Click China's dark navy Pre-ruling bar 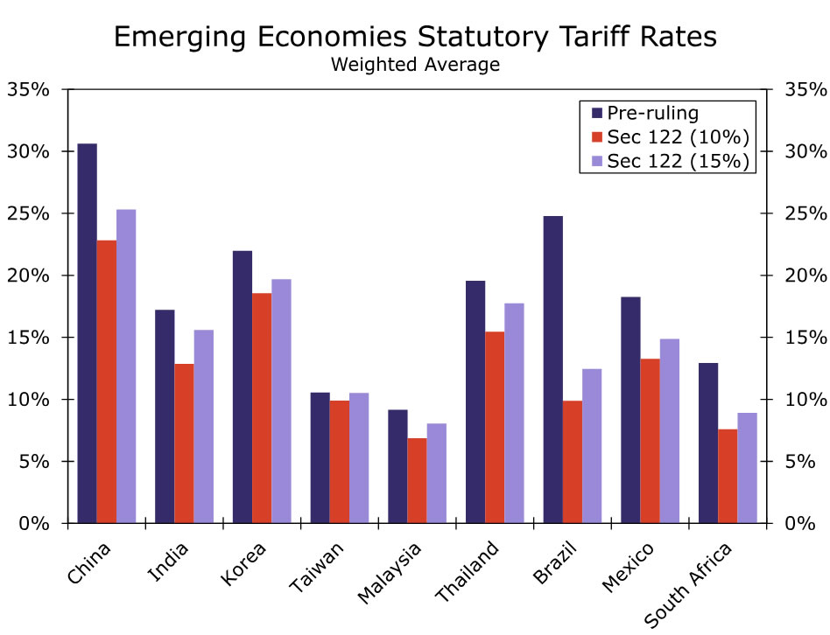87,332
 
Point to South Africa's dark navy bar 707,443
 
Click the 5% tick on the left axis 35,462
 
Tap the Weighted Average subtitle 415,65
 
